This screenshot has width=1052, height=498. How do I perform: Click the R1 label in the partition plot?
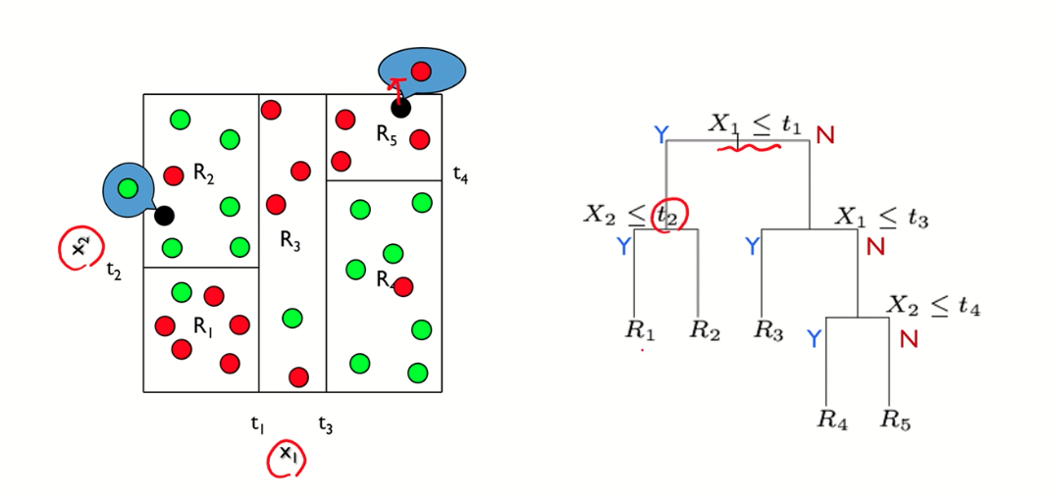click(202, 328)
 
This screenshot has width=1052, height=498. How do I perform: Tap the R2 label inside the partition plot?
click(203, 175)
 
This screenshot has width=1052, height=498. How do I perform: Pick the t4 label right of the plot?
click(460, 175)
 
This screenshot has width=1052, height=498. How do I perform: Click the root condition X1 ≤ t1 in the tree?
click(756, 124)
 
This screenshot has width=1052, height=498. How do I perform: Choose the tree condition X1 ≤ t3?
click(881, 218)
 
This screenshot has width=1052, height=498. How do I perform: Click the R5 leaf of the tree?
click(895, 421)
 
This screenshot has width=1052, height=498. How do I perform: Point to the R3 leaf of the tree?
click(768, 330)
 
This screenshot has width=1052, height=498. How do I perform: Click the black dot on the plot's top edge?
click(400, 109)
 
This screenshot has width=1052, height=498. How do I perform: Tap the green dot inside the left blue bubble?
click(126, 187)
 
